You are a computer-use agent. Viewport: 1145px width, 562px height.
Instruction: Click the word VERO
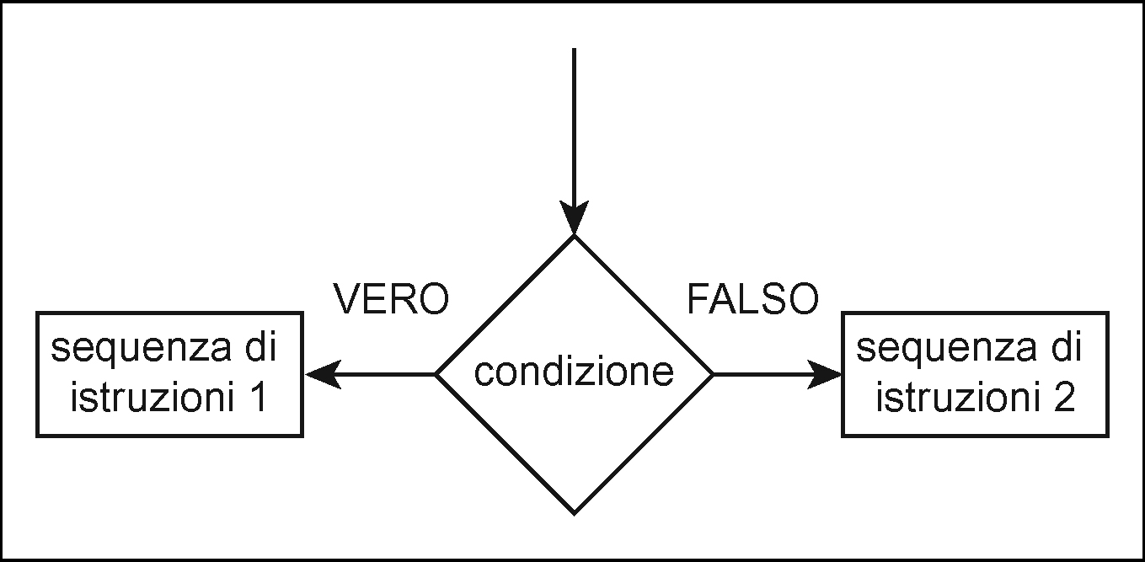point(391,299)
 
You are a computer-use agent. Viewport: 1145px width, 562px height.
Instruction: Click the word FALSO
point(752,299)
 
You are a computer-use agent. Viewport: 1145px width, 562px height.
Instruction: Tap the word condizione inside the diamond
point(574,372)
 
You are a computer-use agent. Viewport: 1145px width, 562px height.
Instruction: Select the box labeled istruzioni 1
point(169,374)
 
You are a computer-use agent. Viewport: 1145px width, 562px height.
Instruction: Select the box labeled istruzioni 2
point(975,374)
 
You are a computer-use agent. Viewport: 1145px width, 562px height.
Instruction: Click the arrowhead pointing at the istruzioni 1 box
point(323,373)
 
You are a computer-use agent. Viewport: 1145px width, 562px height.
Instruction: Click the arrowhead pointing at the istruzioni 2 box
point(824,373)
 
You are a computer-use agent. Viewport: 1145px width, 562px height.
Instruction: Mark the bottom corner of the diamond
point(574,512)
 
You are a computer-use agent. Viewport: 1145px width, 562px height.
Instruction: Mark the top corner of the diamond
point(574,238)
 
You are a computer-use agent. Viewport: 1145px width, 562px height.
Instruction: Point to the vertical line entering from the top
point(574,126)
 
